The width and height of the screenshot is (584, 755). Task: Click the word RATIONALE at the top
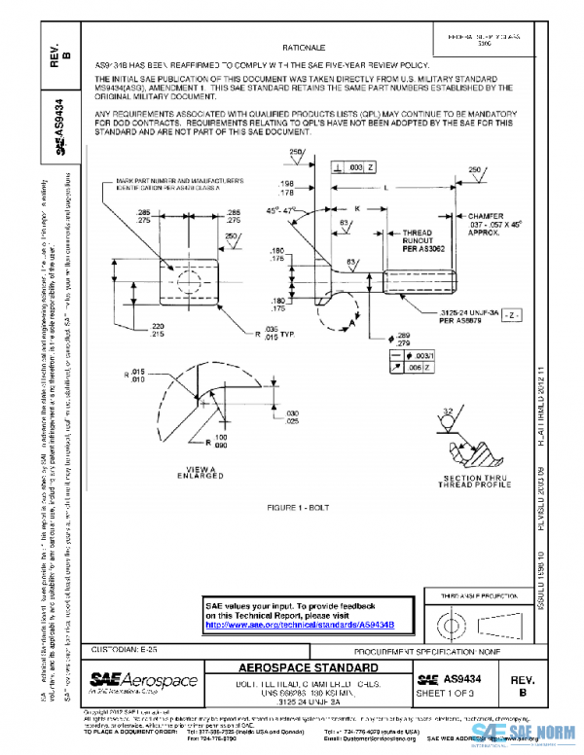click(x=304, y=46)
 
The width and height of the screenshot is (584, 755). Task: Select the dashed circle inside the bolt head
click(x=188, y=280)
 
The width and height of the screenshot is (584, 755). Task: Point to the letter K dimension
click(x=358, y=208)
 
